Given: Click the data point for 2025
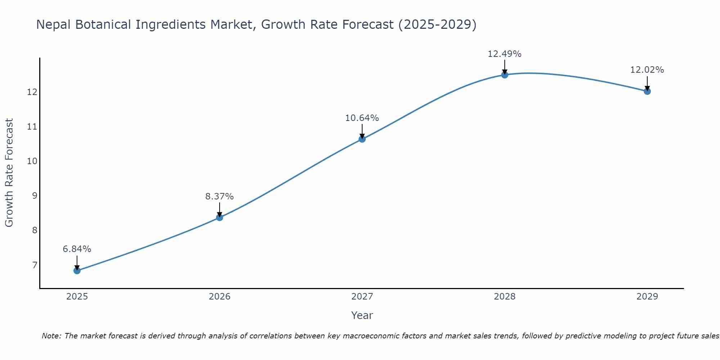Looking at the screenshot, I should pos(77,270).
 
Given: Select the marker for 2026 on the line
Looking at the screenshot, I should pos(220,217).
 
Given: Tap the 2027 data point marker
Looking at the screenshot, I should pos(362,139).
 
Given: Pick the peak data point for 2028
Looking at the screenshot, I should pos(505,75).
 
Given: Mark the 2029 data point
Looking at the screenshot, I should pos(647,91).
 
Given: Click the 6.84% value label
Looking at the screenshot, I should pos(77,249).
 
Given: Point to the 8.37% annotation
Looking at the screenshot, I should pos(220,197).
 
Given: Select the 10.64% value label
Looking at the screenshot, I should pos(362,118).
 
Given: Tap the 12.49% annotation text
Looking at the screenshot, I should pos(505,54).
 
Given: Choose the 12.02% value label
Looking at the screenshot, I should pos(647,70).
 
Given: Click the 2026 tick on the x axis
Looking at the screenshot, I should pos(220,297).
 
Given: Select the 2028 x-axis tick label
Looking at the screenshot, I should pos(505,297).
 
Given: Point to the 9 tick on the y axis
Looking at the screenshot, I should pos(35,196).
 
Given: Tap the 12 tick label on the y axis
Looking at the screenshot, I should pos(32,92).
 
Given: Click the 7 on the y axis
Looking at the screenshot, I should pos(35,265).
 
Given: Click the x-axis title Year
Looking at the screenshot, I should pos(362,315).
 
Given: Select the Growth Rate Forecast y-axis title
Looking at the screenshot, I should pos(9,173).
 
